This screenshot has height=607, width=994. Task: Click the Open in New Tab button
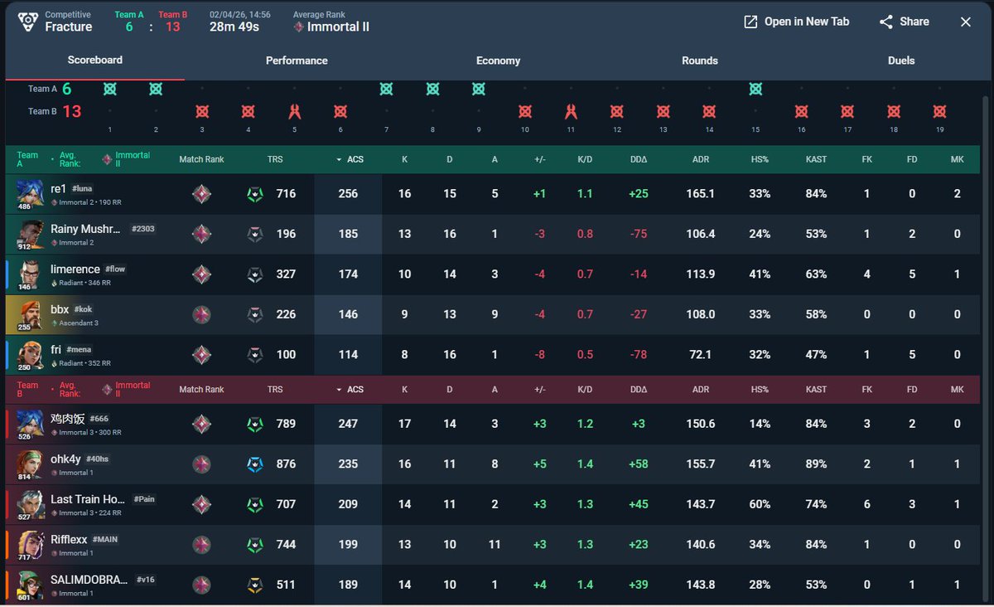coord(797,22)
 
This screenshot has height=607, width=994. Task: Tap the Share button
coord(905,22)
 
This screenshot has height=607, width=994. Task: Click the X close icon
coord(966,22)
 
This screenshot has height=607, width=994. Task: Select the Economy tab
coord(498,61)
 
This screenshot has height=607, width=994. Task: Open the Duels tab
coord(901,61)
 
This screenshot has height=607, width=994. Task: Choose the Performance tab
coord(297,61)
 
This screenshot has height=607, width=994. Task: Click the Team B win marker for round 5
coord(294,112)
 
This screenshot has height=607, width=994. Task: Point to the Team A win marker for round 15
coord(755,89)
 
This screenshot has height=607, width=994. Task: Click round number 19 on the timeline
coord(939,129)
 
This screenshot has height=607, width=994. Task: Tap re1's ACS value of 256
coord(348,194)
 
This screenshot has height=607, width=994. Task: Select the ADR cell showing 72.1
coord(700,355)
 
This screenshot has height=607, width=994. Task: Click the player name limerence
coord(75,270)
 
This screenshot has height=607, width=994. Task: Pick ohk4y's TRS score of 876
coord(286,464)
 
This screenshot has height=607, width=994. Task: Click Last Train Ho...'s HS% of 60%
coord(760,504)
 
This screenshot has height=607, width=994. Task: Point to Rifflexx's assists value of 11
coord(495,544)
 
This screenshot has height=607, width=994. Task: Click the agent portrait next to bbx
coord(30,315)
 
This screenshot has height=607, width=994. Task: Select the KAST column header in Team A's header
coord(816,159)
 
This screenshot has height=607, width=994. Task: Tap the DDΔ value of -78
coord(639,355)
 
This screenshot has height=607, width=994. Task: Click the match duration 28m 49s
coord(234,27)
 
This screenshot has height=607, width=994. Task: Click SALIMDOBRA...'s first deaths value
coord(912,585)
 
